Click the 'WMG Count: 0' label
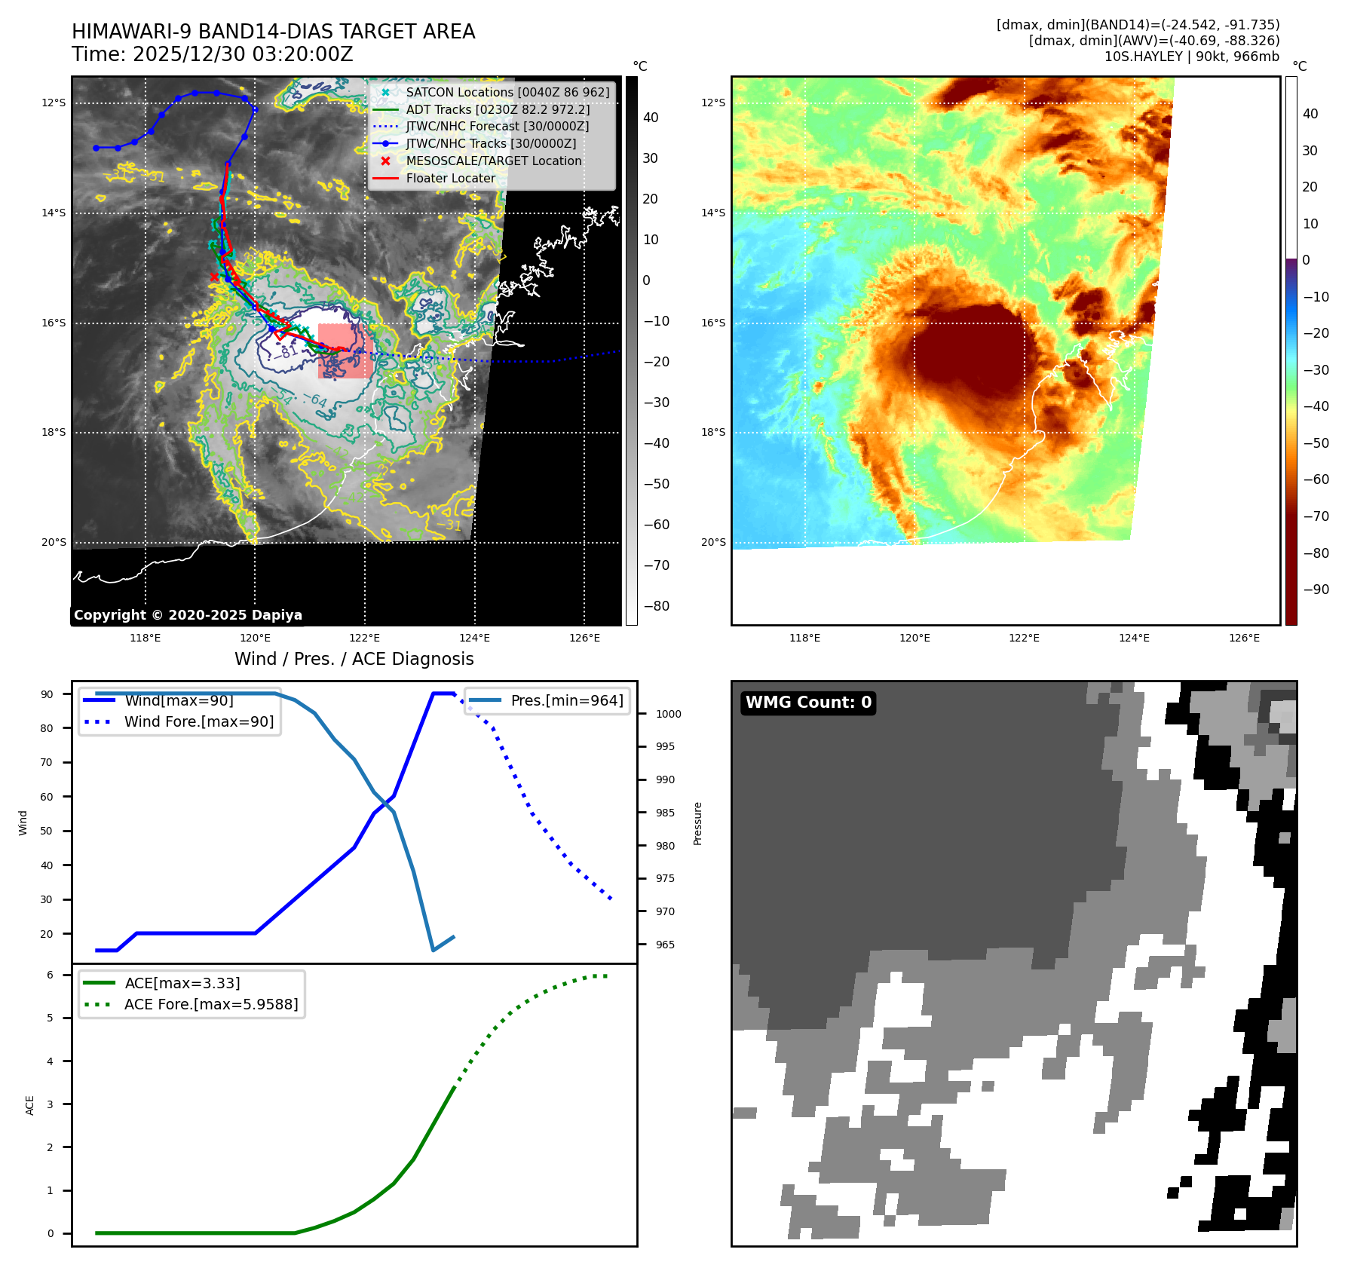[x=808, y=703]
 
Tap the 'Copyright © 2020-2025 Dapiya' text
[x=188, y=615]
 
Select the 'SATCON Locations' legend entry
[x=507, y=92]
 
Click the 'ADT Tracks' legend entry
[x=498, y=109]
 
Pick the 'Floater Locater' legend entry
[x=451, y=178]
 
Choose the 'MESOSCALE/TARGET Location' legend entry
[x=494, y=161]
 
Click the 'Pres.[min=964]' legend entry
[x=567, y=700]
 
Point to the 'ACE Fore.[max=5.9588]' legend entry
[x=211, y=1004]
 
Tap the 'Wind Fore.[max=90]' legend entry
[x=199, y=721]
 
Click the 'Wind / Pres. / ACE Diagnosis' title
[x=354, y=659]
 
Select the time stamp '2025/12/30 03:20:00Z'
[x=243, y=54]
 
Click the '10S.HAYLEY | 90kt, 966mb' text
[x=1191, y=57]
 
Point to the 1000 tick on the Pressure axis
[x=668, y=714]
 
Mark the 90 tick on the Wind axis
[x=47, y=694]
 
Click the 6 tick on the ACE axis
[x=51, y=975]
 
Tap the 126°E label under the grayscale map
[x=584, y=638]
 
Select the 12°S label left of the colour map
[x=713, y=103]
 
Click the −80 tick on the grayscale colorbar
[x=656, y=606]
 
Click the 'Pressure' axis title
[x=698, y=823]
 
